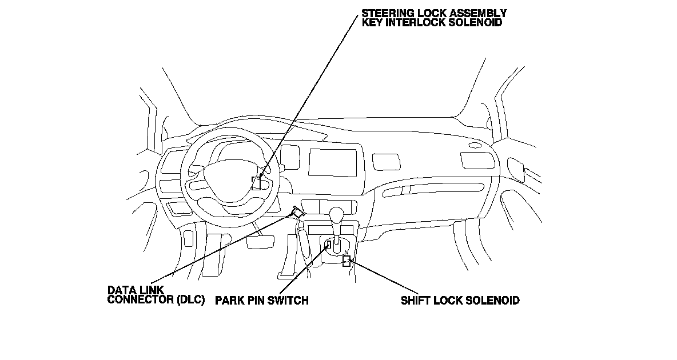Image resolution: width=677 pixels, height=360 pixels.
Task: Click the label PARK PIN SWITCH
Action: [x=261, y=300]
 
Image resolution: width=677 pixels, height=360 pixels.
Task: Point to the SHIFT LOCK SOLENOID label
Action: [x=460, y=300]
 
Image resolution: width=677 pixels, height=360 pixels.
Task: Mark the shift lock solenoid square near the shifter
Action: [x=347, y=262]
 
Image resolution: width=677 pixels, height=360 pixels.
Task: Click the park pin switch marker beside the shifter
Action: [x=329, y=245]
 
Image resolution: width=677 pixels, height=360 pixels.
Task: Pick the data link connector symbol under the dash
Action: [x=297, y=211]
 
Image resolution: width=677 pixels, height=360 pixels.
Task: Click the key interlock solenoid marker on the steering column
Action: [x=257, y=183]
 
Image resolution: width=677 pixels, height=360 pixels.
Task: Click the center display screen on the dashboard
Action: [x=333, y=162]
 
